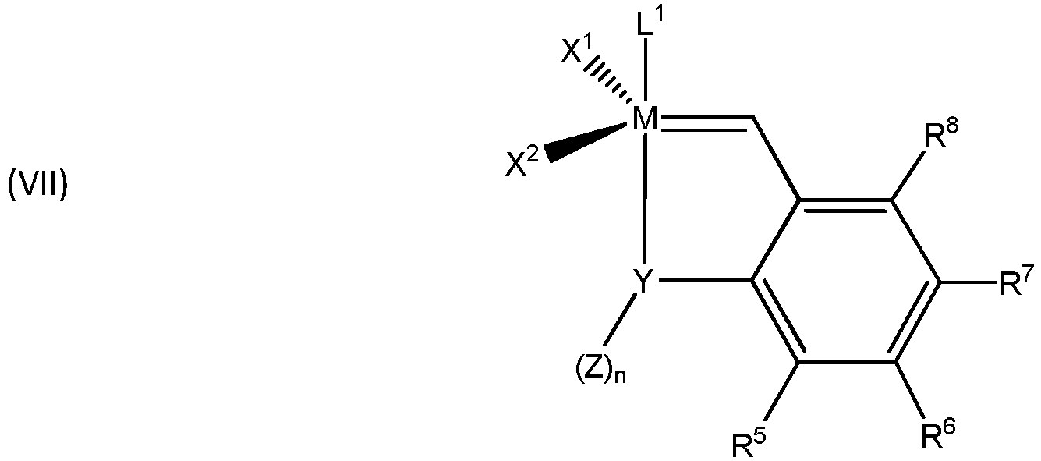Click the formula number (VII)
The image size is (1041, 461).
(37, 188)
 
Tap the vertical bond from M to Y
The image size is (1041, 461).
(644, 199)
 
